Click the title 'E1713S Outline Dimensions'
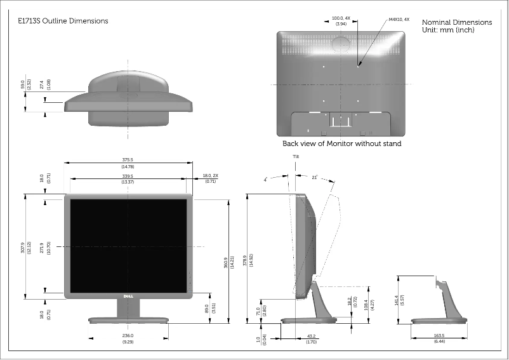63,21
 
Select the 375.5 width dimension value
128,160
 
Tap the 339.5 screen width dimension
128,176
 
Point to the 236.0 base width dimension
128,336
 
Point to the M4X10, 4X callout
399,19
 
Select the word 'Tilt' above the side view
296,156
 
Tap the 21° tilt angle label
314,178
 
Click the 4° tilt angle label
265,180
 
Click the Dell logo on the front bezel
127,297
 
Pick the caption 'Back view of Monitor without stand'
341,143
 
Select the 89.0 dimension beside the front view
207,308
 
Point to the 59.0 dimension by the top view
23,84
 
